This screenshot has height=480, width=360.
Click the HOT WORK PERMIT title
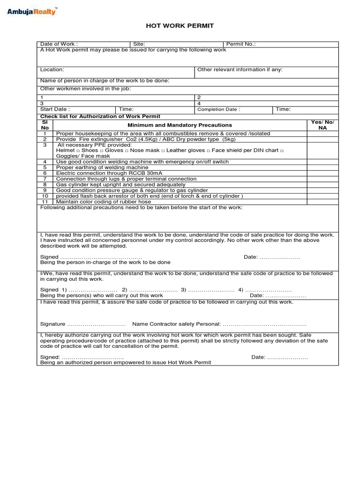pyautogui.click(x=180, y=26)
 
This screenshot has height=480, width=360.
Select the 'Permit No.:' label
pyautogui.click(x=241, y=44)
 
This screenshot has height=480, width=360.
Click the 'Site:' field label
pyautogui.click(x=139, y=44)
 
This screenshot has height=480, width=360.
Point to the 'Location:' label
pyautogui.click(x=52, y=69)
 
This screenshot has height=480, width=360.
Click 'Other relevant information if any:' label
pyautogui.click(x=240, y=69)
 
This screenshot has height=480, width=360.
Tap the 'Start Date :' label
pyautogui.click(x=55, y=109)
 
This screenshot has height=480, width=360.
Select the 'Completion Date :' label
pyautogui.click(x=218, y=110)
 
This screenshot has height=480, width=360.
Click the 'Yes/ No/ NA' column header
pyautogui.click(x=322, y=125)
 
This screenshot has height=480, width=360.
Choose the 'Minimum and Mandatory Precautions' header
pyautogui.click(x=180, y=125)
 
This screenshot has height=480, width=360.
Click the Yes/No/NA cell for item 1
pyautogui.click(x=322, y=134)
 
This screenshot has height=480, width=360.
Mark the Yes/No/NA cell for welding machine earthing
pyautogui.click(x=322, y=167)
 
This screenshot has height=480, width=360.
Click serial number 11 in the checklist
pyautogui.click(x=45, y=202)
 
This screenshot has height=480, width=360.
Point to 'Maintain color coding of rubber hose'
pyautogui.click(x=103, y=202)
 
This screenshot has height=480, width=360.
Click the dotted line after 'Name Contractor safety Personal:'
pyautogui.click(x=264, y=324)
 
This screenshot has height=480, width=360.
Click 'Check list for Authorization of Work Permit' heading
pyautogui.click(x=100, y=116)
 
